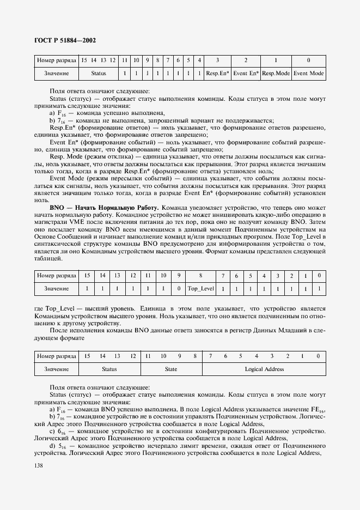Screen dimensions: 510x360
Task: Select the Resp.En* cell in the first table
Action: coord(218,73)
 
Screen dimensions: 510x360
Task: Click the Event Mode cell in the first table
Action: coord(308,73)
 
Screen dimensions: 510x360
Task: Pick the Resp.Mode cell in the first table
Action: coord(276,73)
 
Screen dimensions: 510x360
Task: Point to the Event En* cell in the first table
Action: coord(246,73)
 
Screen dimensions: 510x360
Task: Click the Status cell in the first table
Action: coord(99,73)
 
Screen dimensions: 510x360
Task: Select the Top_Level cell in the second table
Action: coord(200,288)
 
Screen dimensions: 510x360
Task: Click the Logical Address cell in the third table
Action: coord(264,369)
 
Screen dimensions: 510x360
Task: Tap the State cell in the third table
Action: coord(171,369)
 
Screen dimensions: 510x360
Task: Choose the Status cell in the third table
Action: coord(109,369)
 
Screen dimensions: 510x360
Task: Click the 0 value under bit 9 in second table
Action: coord(179,288)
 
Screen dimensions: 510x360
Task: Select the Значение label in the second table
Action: coord(56,288)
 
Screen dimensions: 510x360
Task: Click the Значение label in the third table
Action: coord(56,369)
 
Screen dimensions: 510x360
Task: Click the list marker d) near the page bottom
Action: coord(52,445)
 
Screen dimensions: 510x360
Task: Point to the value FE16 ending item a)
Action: coord(317,409)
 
